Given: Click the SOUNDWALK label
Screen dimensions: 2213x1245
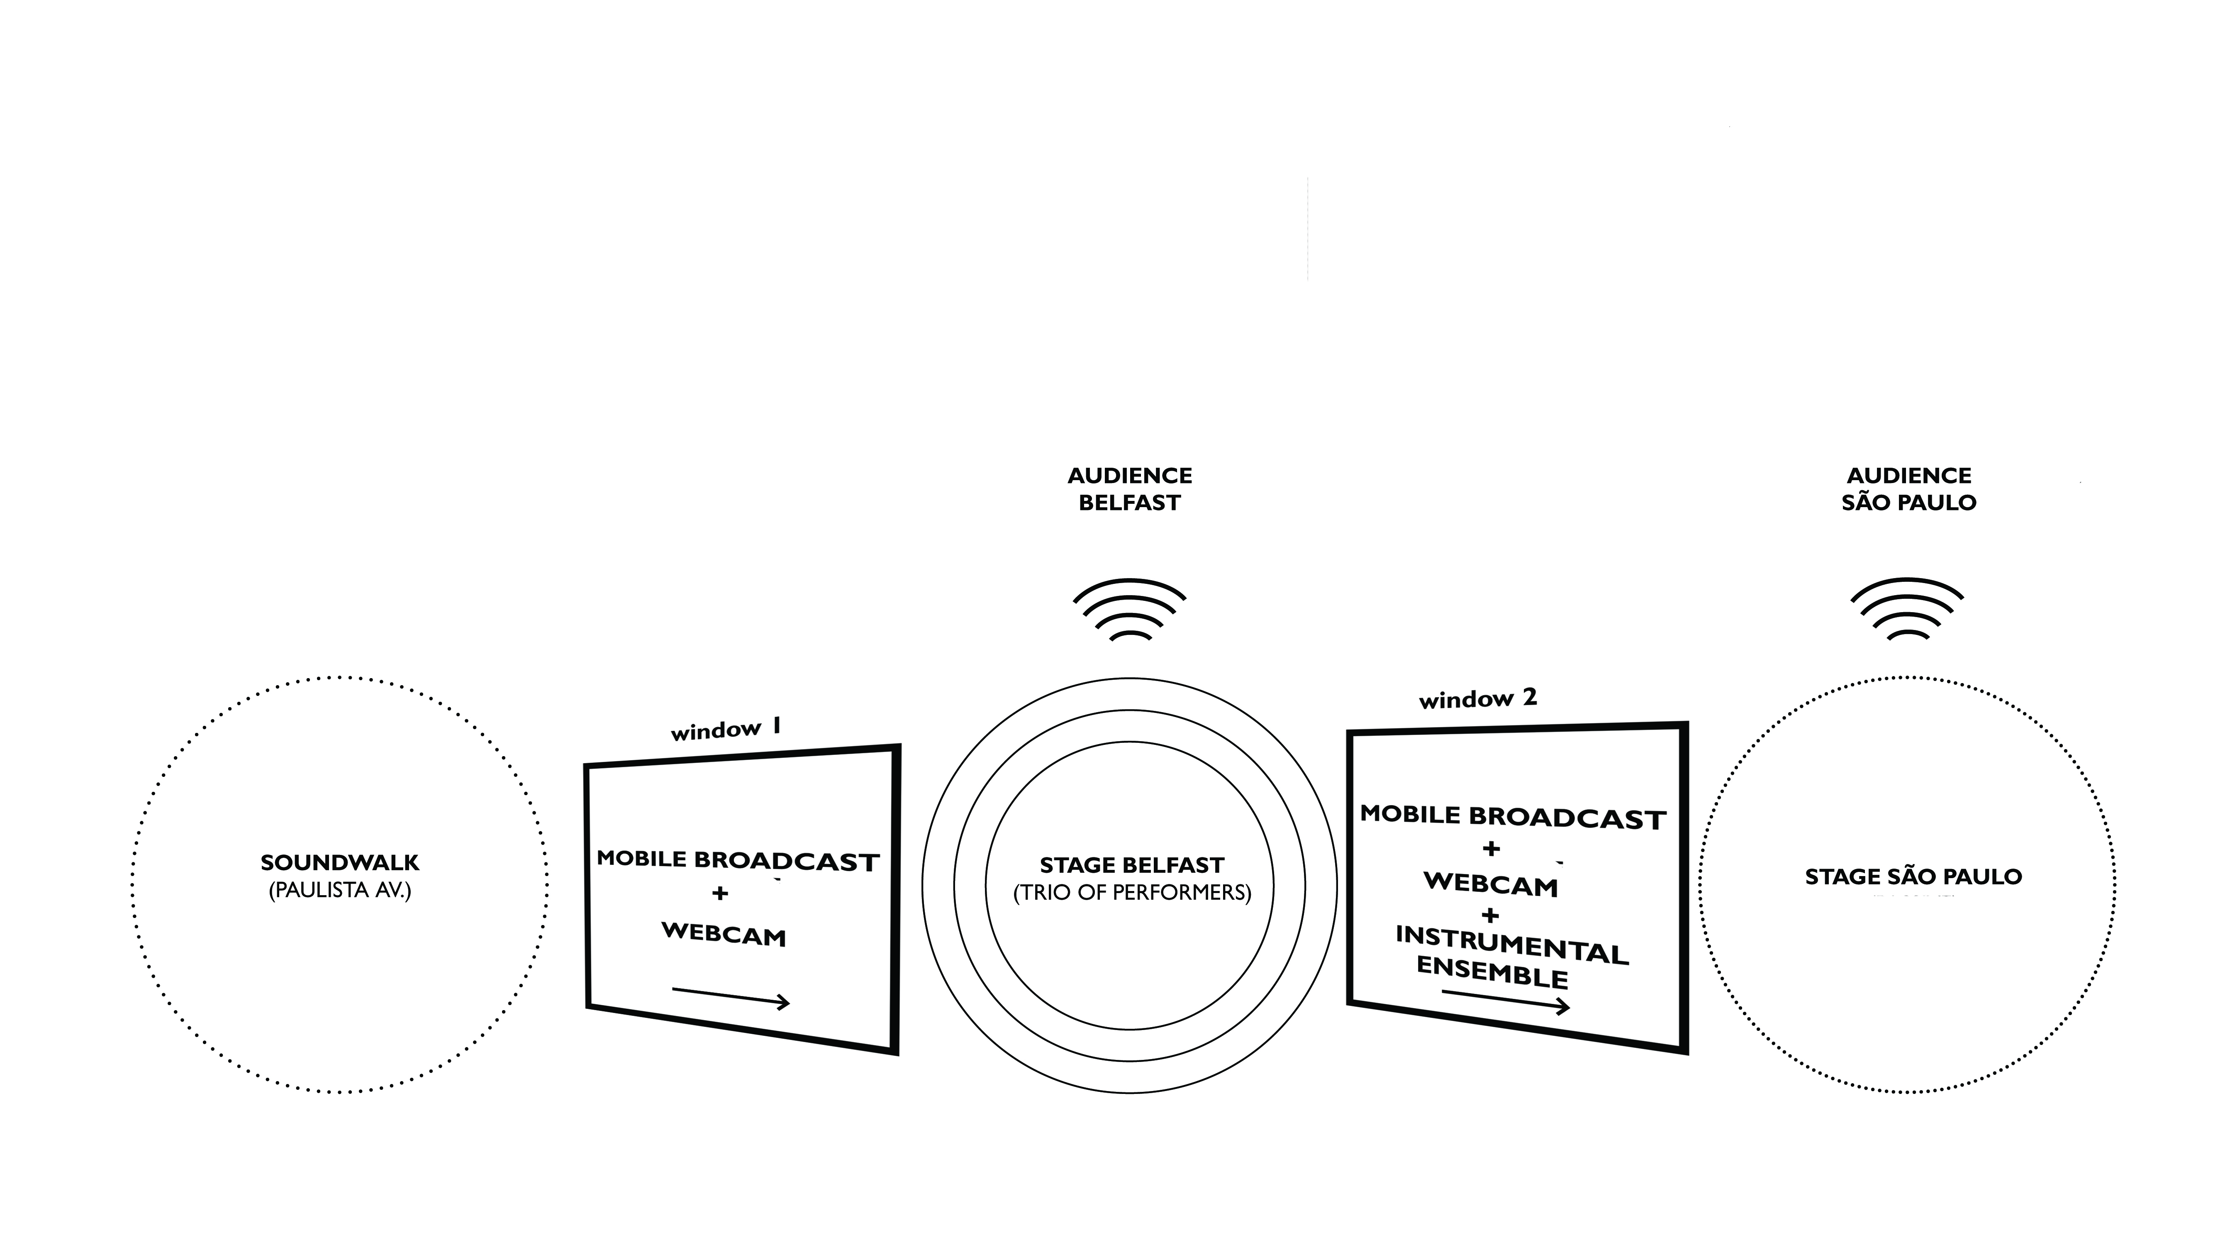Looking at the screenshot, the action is click(x=340, y=863).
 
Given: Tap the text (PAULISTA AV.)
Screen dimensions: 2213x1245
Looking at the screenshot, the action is click(x=340, y=890).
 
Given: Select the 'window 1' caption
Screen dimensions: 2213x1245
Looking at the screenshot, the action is click(x=726, y=730).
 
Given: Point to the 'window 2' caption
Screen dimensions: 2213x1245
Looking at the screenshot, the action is click(x=1478, y=698).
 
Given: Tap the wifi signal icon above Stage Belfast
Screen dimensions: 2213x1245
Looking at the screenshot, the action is click(x=1130, y=610).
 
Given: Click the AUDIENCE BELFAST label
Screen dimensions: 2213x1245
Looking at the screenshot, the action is click(x=1130, y=489).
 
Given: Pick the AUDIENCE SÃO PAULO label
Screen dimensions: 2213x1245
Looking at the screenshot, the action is click(x=1909, y=489).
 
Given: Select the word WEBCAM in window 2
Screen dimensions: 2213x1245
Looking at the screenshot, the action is click(x=1491, y=884).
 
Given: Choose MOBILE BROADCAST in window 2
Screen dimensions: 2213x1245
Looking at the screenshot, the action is click(x=1513, y=817).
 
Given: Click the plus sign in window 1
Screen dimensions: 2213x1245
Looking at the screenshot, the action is click(x=720, y=893).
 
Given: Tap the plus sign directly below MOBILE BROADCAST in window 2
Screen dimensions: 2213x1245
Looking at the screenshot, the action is click(x=1492, y=849).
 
